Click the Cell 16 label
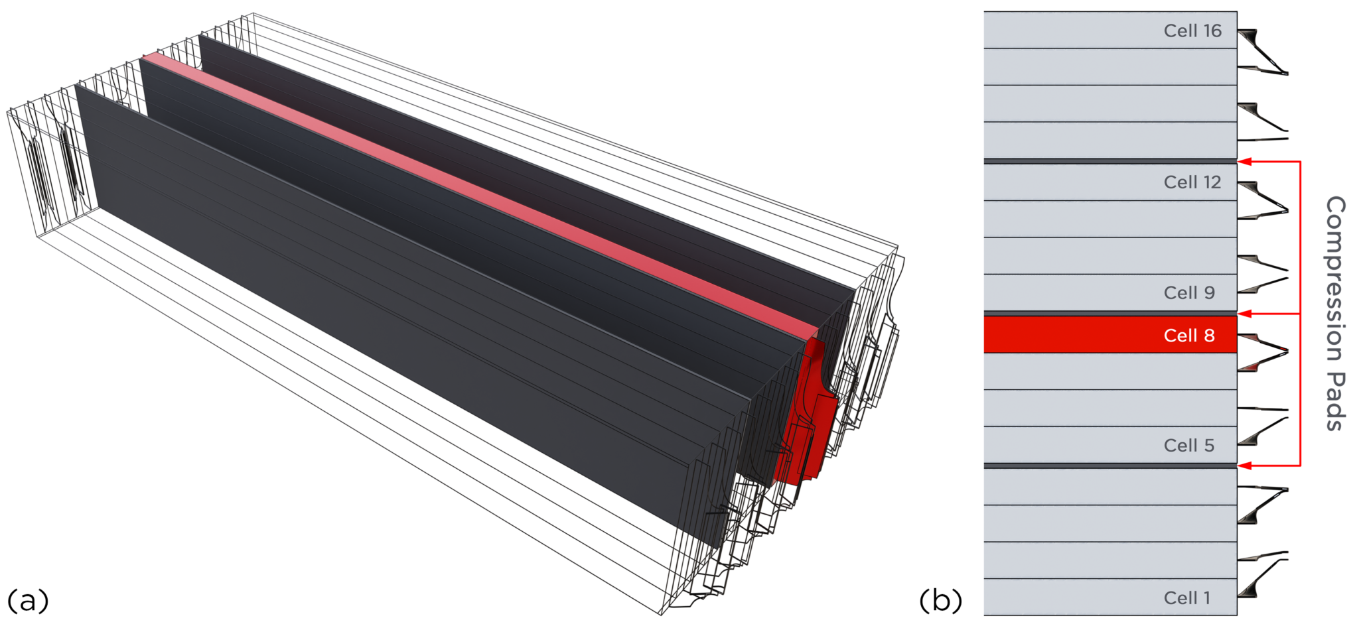coord(1192,31)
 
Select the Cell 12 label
coord(1192,182)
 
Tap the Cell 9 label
coord(1188,292)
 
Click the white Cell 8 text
coord(1188,336)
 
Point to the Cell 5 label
coord(1188,445)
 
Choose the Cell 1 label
coord(1186,597)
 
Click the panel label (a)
coord(28,600)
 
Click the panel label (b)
coord(940,600)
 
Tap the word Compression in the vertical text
coord(1334,279)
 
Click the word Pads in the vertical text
coord(1334,401)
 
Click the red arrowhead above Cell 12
coord(1245,161)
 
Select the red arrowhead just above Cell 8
coord(1245,314)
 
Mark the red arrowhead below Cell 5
coord(1245,466)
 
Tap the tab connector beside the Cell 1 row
coord(1261,577)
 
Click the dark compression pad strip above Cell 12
coord(1109,161)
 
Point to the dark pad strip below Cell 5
coord(1109,466)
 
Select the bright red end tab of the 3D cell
coord(806,424)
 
